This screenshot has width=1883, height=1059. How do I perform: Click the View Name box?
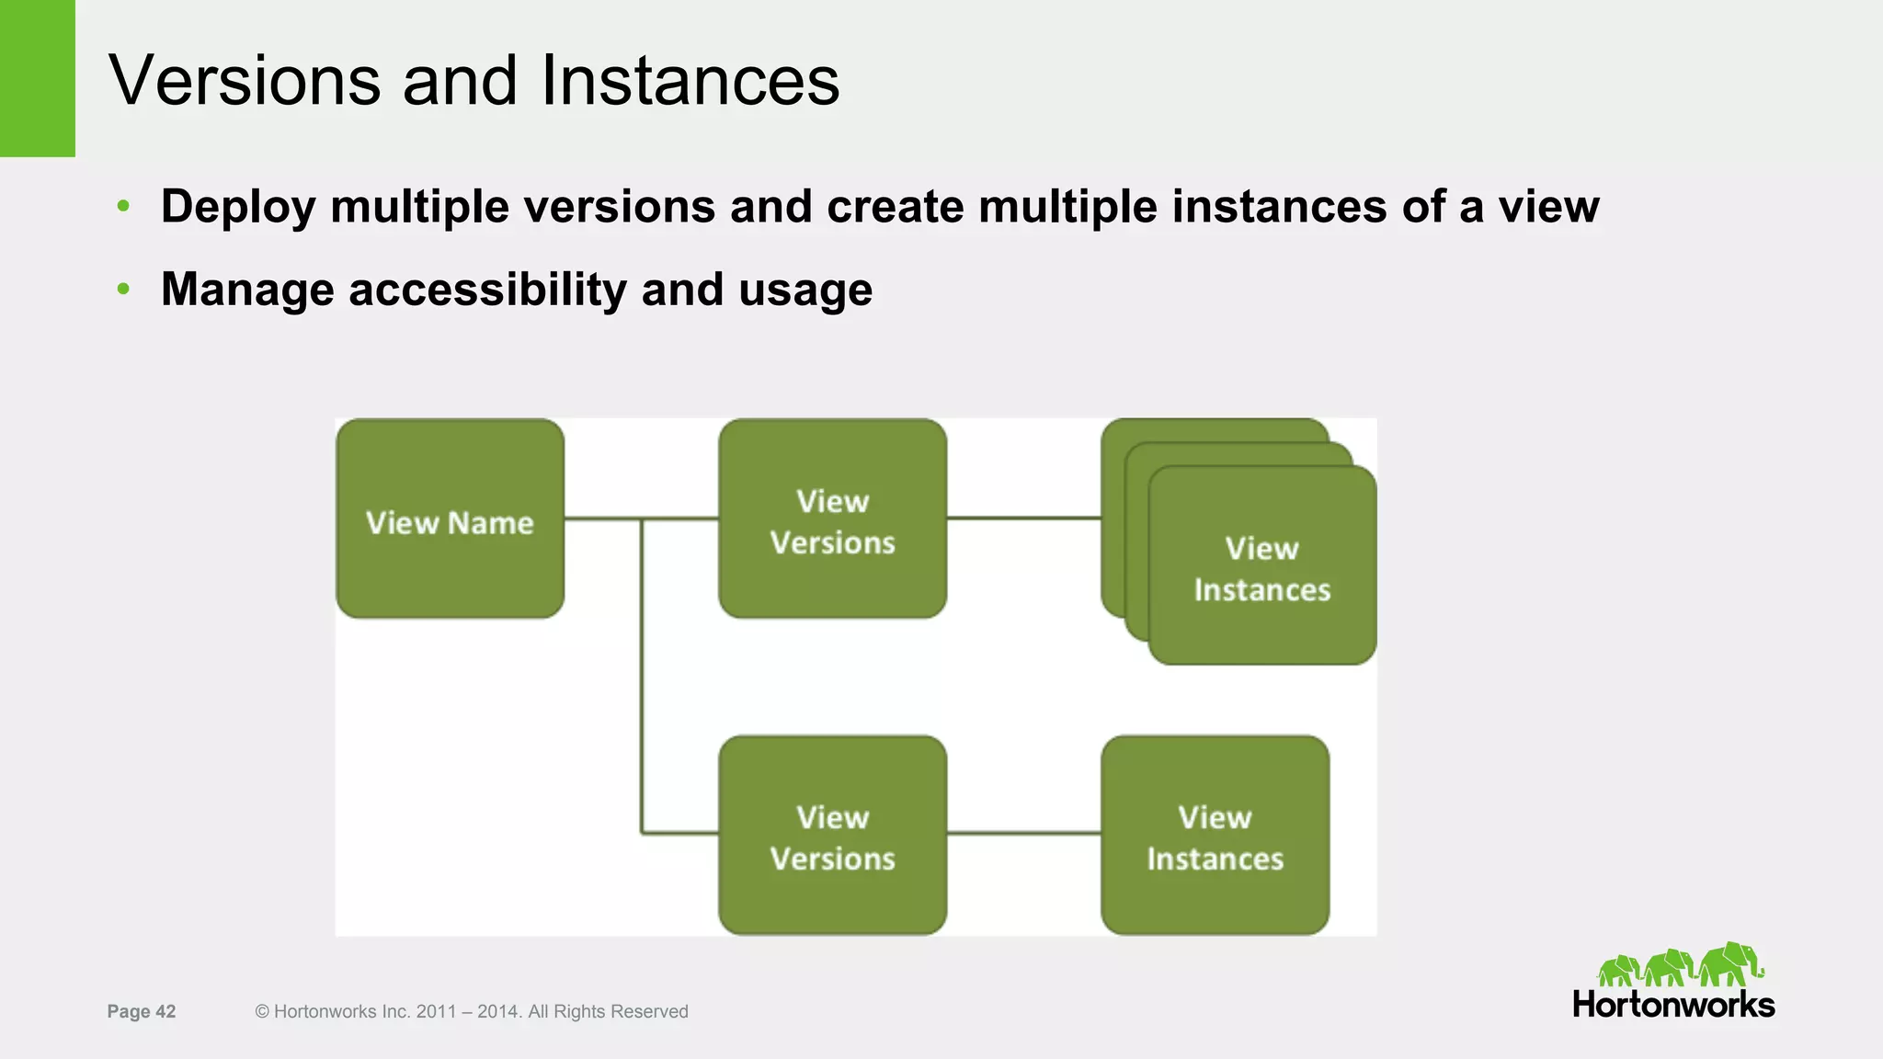450,518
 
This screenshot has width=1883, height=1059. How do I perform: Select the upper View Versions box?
832,518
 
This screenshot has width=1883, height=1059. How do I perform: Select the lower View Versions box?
832,835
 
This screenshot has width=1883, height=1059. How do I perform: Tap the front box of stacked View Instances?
1261,566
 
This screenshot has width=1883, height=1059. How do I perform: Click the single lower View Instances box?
1215,835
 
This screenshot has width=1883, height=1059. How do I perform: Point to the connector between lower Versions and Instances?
1023,833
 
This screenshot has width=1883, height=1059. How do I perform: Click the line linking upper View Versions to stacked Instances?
1023,518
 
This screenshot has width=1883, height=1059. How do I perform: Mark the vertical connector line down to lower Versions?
642,680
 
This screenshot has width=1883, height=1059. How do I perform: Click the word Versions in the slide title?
245,81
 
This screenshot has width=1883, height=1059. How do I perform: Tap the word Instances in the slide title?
690,81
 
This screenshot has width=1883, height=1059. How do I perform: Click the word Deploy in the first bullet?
238,207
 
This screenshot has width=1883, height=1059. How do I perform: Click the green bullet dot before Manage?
123,290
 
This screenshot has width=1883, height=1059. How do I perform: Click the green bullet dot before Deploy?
123,206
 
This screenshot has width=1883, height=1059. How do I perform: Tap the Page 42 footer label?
141,1011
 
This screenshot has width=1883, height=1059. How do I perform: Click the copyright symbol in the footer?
262,1011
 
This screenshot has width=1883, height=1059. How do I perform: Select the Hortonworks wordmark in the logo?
1673,1005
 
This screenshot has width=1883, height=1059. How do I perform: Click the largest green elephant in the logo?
1731,963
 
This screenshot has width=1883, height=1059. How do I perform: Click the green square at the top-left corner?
37,78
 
